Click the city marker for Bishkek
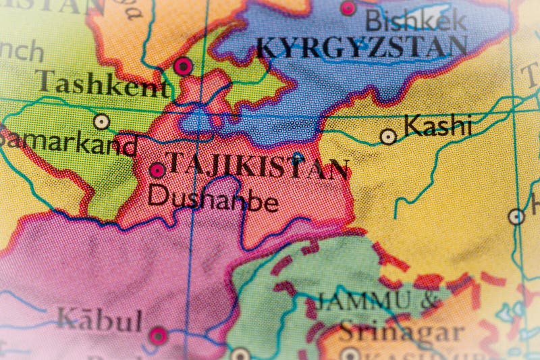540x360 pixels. (x=348, y=8)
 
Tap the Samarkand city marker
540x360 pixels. (x=102, y=122)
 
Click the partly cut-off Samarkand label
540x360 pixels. (x=67, y=144)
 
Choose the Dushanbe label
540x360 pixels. (x=213, y=198)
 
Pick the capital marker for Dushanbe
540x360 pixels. (x=157, y=170)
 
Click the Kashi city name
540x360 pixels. (x=435, y=126)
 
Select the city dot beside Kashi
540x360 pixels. (x=388, y=136)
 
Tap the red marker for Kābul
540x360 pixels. (x=157, y=334)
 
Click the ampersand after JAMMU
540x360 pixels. (x=429, y=302)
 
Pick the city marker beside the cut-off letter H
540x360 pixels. (x=516, y=217)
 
